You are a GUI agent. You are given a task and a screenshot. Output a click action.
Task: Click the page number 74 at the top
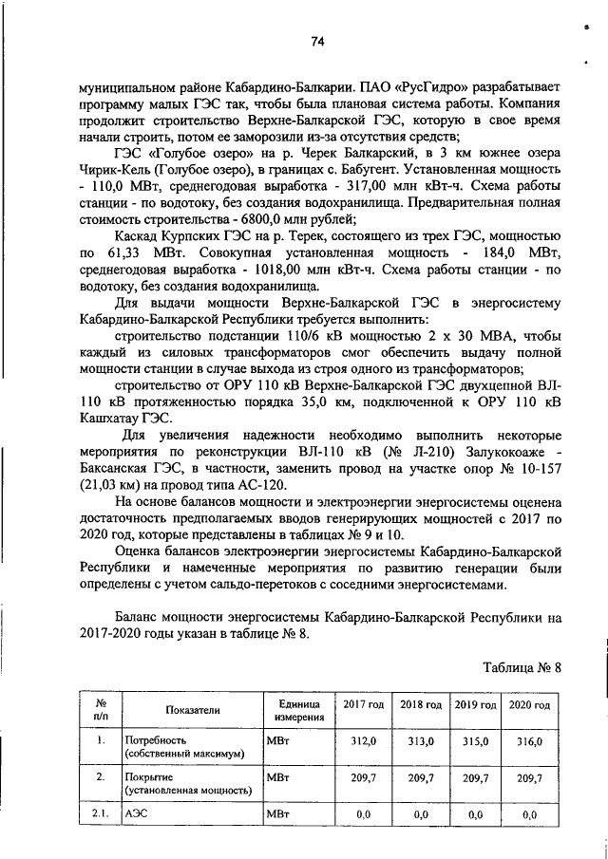[317, 41]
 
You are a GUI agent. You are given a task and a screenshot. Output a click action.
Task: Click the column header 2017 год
[363, 707]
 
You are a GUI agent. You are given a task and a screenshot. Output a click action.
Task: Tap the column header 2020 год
[529, 707]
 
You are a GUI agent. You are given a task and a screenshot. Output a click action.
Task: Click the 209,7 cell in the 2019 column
[474, 779]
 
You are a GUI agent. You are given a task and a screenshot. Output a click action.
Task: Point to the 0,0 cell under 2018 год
[420, 813]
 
